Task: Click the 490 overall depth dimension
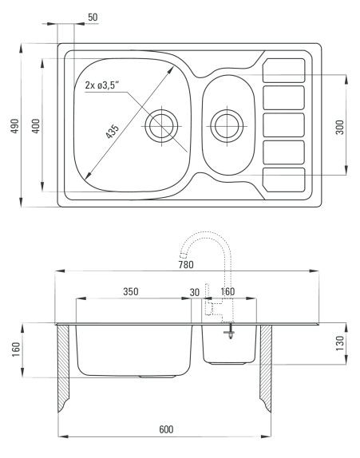click(x=15, y=125)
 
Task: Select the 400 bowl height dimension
click(x=36, y=125)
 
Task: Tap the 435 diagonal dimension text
click(x=113, y=131)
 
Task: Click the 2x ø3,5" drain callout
click(x=102, y=85)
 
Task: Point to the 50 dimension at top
click(x=93, y=18)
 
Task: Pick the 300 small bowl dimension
click(x=340, y=127)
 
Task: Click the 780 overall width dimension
click(x=186, y=265)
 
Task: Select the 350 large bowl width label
click(x=131, y=291)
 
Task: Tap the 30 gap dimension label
click(x=195, y=292)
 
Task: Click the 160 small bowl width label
click(x=227, y=291)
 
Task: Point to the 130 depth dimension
click(x=340, y=343)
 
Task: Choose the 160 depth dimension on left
click(x=16, y=349)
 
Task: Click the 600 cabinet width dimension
click(x=166, y=429)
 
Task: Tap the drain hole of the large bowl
click(x=161, y=126)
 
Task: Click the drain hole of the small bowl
click(x=227, y=126)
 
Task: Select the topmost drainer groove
click(x=283, y=70)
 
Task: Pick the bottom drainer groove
click(x=283, y=180)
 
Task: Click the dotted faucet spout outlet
click(x=184, y=256)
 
